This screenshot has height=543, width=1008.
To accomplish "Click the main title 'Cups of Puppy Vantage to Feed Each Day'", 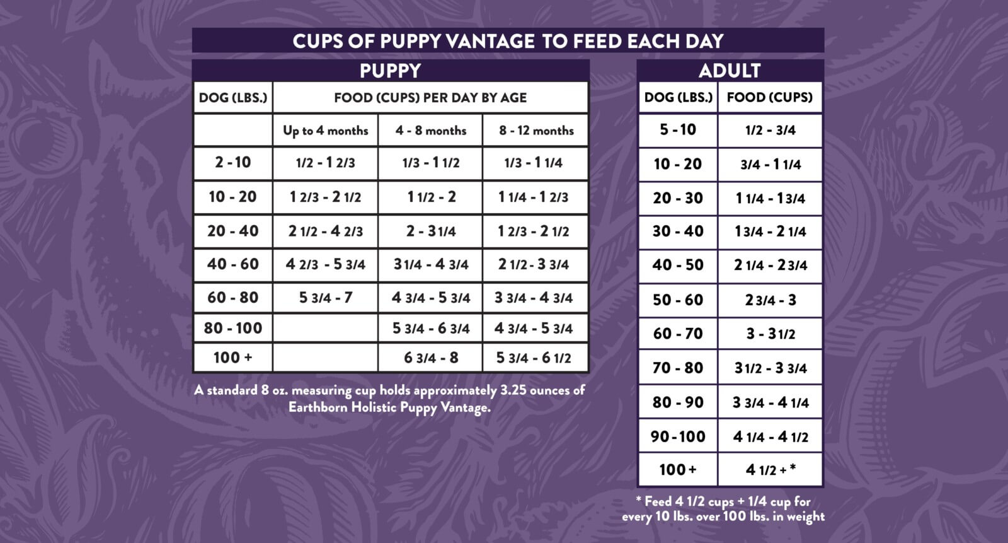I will (x=508, y=41).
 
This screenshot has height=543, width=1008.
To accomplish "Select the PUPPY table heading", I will (x=390, y=71).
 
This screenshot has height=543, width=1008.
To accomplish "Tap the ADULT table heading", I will (x=730, y=71).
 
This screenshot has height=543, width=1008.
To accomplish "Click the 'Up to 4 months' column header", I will (x=325, y=131).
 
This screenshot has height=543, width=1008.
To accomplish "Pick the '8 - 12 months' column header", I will (x=536, y=131).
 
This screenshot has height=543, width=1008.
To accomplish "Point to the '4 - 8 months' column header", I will (x=431, y=131).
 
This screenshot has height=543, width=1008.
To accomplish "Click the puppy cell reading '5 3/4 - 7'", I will (x=325, y=298).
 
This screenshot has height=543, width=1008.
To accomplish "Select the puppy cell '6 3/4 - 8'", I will (x=431, y=358).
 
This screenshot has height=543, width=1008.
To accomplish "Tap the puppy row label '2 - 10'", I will (x=232, y=163).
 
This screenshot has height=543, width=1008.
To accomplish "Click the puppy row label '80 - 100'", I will (x=232, y=328).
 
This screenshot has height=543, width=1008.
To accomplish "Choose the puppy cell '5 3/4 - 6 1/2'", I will (x=534, y=358).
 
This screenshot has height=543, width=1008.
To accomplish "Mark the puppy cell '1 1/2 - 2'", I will (x=431, y=197).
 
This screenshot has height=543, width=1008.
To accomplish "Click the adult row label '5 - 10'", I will (x=677, y=130).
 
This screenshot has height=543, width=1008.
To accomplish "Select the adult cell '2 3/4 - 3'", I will (x=770, y=300).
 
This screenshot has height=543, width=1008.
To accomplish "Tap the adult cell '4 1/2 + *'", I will (x=770, y=470).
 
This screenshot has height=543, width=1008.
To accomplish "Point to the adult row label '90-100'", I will (x=677, y=436).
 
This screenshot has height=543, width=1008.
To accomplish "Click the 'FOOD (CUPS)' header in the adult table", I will (x=769, y=97).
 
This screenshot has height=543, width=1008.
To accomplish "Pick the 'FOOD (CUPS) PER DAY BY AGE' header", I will (x=430, y=98).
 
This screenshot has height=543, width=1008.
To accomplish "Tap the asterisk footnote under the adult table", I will (x=723, y=509).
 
